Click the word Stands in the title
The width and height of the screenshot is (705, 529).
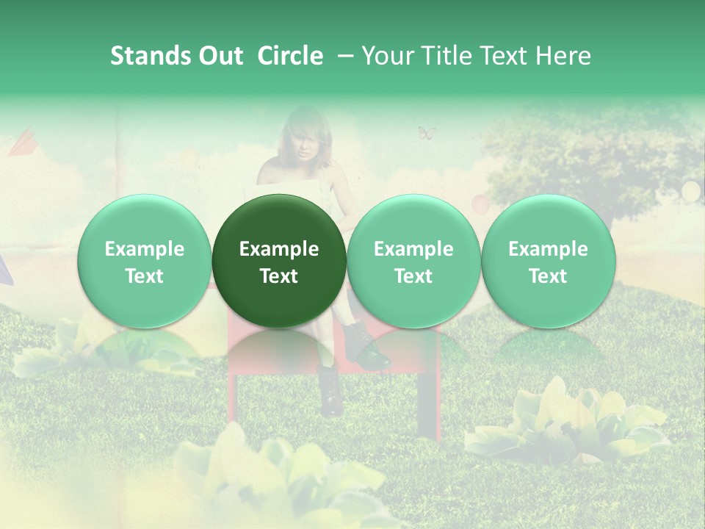[149, 56]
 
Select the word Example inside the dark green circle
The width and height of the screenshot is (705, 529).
[279, 249]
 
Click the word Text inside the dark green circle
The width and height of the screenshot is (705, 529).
[279, 276]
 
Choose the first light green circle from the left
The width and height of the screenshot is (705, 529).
[145, 261]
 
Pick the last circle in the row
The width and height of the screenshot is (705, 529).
[548, 261]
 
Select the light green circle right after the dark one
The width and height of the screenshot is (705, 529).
[413, 261]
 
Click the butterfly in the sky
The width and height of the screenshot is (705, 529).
[427, 133]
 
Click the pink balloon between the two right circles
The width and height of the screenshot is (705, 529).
[479, 202]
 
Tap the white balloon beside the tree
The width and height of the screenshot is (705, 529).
[691, 191]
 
